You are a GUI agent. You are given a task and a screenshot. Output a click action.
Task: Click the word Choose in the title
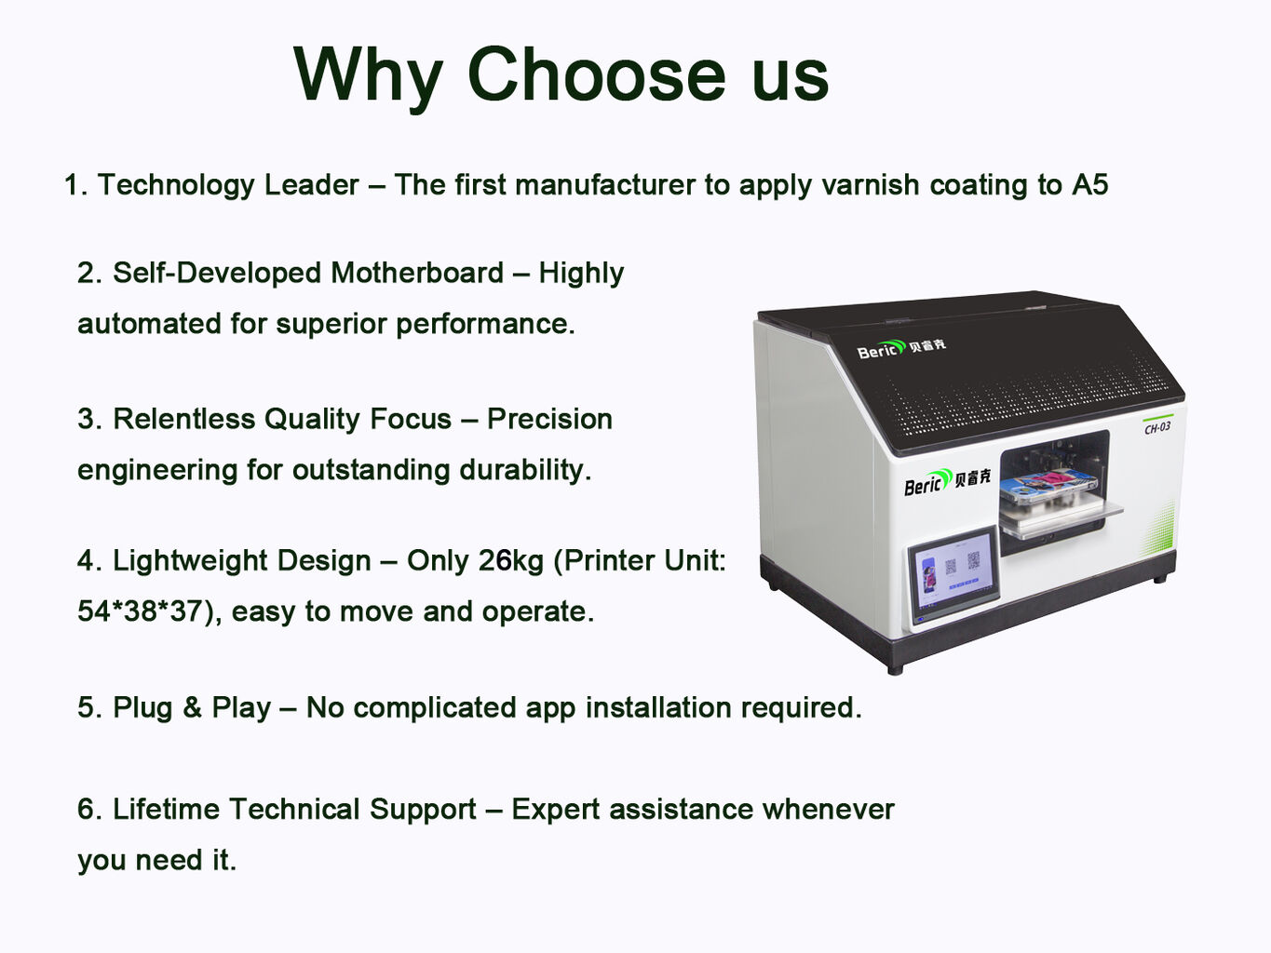coord(597,74)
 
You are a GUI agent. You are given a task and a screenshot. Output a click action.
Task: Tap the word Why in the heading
coord(369,79)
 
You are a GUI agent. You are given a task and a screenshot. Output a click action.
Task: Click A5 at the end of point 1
coord(1089,184)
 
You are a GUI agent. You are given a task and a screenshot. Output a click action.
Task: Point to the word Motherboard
coord(417,273)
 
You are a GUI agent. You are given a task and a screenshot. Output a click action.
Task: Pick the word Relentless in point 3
coord(183,419)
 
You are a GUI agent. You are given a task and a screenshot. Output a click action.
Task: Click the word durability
coord(525,469)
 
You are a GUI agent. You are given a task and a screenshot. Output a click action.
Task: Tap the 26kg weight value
coord(510,560)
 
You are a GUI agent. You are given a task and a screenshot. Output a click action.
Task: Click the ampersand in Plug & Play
coord(192,707)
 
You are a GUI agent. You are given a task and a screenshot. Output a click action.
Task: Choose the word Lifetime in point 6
coord(166,809)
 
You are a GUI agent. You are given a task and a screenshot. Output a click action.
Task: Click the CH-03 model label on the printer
coord(1156,427)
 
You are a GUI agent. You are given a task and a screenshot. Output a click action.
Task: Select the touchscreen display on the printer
coord(954,576)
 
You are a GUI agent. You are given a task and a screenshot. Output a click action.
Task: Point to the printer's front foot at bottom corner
coord(895,669)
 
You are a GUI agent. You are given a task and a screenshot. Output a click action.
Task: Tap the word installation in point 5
coord(658,707)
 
